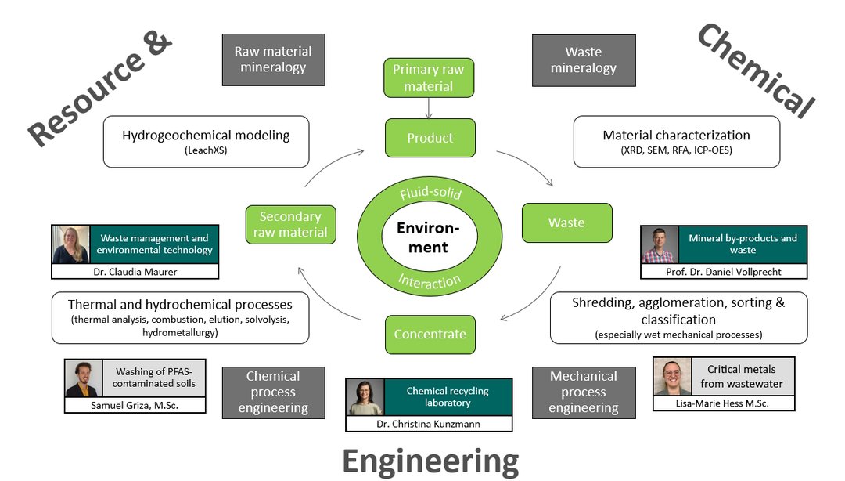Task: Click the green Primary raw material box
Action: click(x=429, y=78)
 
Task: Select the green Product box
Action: click(x=430, y=138)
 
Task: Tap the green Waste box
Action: click(x=566, y=222)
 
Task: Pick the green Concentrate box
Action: click(x=430, y=335)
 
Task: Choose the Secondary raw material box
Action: click(x=290, y=225)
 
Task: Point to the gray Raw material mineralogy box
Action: click(x=273, y=60)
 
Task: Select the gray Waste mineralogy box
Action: click(x=583, y=60)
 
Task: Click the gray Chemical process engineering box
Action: click(x=273, y=392)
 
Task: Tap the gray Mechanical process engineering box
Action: click(x=583, y=392)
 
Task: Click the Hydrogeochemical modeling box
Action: click(x=206, y=142)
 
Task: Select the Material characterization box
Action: click(x=676, y=142)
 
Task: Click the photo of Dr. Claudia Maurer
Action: click(x=71, y=244)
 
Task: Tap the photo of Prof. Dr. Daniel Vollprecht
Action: click(x=660, y=244)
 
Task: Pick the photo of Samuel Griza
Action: click(x=84, y=378)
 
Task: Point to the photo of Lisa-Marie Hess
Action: click(x=673, y=377)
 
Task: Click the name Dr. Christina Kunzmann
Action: click(x=429, y=424)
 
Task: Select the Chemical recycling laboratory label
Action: click(x=448, y=397)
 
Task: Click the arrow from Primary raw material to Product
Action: click(x=429, y=107)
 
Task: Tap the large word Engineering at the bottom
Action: click(x=430, y=461)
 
